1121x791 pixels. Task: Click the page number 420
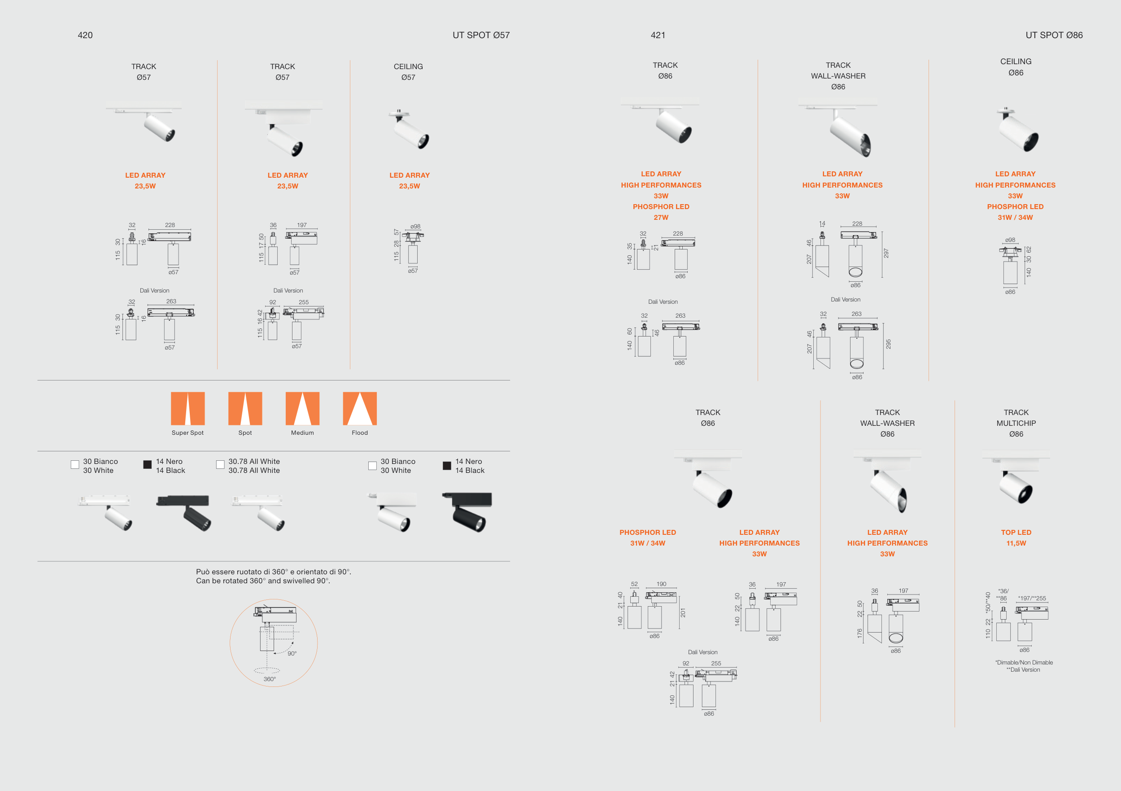[85, 35]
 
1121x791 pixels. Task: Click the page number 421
[658, 35]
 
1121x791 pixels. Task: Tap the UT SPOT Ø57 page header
[481, 35]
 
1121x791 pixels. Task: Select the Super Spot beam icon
[188, 408]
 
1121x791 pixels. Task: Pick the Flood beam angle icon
[360, 408]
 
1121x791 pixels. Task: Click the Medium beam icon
[302, 408]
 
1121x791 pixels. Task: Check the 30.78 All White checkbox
[220, 464]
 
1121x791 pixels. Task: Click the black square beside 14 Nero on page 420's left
[148, 464]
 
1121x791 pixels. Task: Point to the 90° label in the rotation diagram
[292, 653]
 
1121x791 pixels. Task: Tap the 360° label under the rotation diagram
[270, 679]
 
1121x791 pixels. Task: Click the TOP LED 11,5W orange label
[1016, 538]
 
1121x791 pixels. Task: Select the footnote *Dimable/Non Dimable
[1024, 663]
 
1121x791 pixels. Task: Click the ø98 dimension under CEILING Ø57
[415, 227]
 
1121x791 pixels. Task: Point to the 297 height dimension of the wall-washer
[886, 253]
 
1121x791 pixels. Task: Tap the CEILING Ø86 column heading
[1016, 67]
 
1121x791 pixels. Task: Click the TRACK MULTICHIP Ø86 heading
[1016, 423]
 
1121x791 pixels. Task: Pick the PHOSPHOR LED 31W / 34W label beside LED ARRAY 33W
[647, 538]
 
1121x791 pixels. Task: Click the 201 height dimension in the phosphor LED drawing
[683, 613]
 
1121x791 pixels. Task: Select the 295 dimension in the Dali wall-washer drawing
[888, 344]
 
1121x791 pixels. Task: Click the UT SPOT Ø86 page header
[1054, 35]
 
